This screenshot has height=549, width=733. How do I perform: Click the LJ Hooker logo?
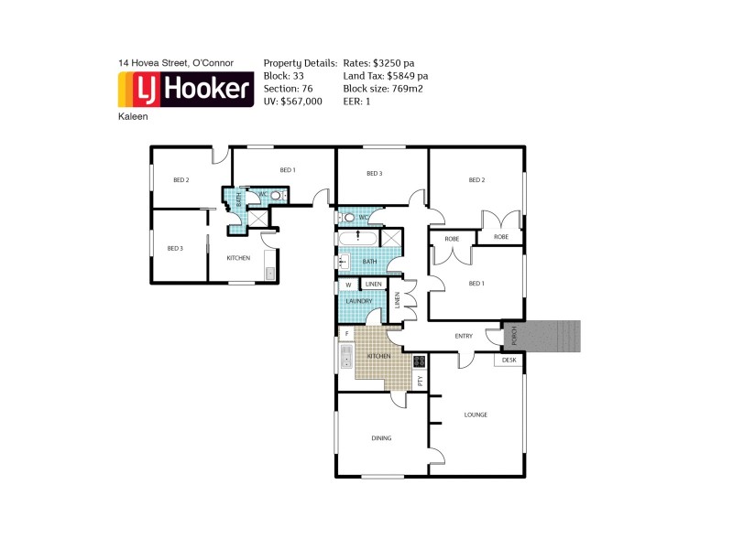pos(186,90)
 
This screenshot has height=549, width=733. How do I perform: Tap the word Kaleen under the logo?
pos(133,117)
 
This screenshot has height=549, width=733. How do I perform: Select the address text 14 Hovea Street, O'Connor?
pos(176,63)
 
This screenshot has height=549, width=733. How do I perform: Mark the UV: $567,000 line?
pos(292,102)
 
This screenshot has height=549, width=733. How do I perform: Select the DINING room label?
pos(381,438)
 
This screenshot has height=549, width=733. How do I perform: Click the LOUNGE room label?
pos(476,414)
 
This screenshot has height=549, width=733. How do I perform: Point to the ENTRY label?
pos(464,336)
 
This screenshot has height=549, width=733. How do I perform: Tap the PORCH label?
pos(515,335)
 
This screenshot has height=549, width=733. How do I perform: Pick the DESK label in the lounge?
pos(509,360)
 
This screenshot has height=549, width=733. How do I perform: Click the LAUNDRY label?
pos(358,301)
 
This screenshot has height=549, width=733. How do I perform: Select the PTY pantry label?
pos(420,380)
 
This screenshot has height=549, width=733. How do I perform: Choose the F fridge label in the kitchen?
pos(346,334)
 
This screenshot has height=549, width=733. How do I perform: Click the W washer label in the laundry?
pos(348,285)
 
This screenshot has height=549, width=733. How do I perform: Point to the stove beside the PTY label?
pos(420,361)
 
